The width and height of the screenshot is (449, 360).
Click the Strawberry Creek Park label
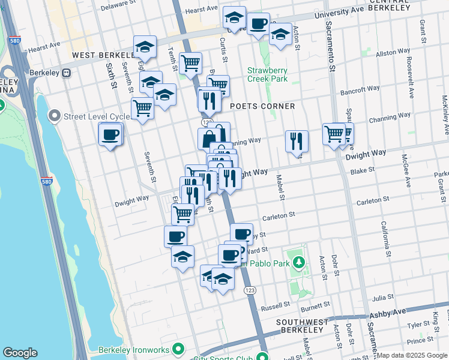(x=268, y=74)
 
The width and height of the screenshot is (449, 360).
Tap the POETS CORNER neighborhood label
(x=263, y=106)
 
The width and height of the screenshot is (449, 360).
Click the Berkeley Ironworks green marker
(x=178, y=348)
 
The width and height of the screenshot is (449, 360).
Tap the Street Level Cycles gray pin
(x=55, y=115)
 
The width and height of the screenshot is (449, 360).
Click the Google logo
(x=20, y=353)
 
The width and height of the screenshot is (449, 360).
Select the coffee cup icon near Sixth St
(x=110, y=134)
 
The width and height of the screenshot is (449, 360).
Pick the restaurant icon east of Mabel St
(x=297, y=141)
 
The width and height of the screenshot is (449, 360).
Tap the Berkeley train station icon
(x=67, y=73)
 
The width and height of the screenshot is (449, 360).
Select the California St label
(x=384, y=235)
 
